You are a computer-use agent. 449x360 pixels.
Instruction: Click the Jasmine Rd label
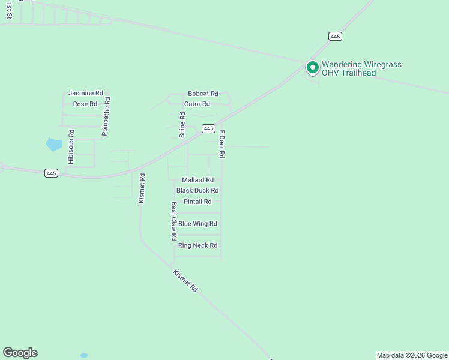[x=86, y=94]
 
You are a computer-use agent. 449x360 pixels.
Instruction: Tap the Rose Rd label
[x=85, y=104]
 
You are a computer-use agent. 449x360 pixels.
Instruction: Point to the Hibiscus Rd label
[x=71, y=147]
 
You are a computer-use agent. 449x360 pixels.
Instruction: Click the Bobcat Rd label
[x=203, y=94]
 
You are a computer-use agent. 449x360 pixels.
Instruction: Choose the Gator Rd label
[x=197, y=104]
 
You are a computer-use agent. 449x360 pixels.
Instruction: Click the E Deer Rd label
[x=221, y=144]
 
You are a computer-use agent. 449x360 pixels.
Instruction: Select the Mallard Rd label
[x=197, y=180]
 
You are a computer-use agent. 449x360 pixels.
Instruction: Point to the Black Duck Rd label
[x=197, y=191]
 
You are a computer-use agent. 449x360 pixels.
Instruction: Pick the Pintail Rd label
[x=197, y=202]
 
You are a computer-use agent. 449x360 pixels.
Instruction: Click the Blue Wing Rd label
[x=197, y=224]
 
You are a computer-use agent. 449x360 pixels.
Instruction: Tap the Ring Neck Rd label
[x=197, y=245]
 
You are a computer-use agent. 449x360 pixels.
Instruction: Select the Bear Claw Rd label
[x=173, y=221]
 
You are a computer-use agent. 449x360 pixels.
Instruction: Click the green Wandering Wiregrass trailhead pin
[x=312, y=68]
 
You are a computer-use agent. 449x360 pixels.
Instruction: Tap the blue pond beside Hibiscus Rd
[x=53, y=145]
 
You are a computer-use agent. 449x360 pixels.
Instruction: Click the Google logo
[x=20, y=353]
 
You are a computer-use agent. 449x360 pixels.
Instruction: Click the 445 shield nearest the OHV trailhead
[x=336, y=37]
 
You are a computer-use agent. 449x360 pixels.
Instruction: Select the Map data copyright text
[x=412, y=355]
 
